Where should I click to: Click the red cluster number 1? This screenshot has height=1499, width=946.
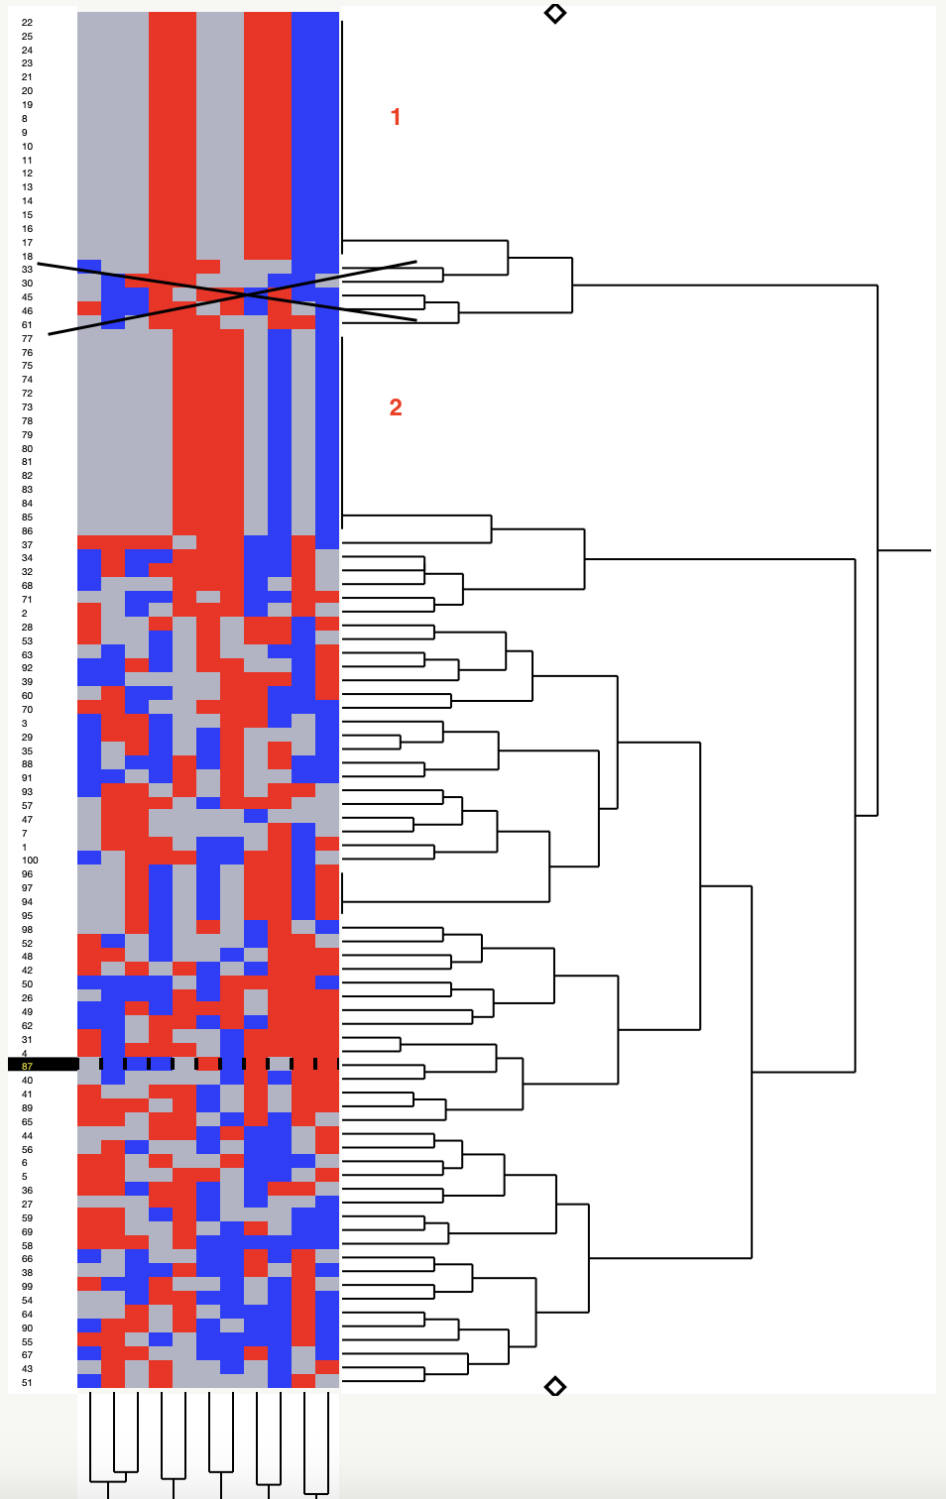click(396, 117)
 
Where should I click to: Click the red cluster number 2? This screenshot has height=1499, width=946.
click(396, 407)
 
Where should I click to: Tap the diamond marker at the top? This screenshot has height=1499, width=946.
click(555, 13)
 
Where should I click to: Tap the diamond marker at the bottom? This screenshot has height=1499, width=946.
click(555, 1386)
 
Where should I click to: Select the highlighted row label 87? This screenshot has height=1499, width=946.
click(28, 1066)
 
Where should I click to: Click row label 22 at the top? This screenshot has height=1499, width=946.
click(27, 22)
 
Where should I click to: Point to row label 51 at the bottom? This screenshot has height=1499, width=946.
click(27, 1382)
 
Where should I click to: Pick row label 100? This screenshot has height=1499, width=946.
click(30, 861)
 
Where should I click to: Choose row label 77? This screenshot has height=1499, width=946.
click(27, 338)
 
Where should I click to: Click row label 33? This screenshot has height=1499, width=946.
click(27, 269)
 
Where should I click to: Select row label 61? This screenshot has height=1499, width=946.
click(27, 324)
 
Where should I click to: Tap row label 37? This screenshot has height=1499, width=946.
click(27, 544)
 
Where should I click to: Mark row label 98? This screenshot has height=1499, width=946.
click(27, 929)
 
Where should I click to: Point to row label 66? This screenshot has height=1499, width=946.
click(27, 1258)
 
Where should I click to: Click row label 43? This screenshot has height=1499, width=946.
click(27, 1368)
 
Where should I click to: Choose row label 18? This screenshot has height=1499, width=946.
click(27, 256)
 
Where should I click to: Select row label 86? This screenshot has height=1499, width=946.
click(27, 530)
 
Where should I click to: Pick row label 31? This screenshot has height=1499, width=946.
click(27, 1039)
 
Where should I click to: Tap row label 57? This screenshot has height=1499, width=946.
click(27, 805)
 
